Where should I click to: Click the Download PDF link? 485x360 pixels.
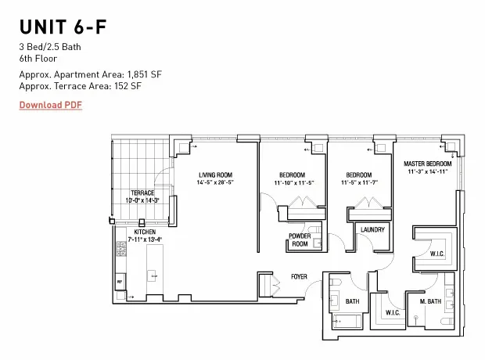tap(51, 105)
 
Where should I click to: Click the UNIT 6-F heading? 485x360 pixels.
tap(63, 28)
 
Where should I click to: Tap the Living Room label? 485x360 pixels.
tap(215, 175)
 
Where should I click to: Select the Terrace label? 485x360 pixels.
tap(142, 193)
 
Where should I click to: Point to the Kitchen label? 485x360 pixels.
tap(145, 232)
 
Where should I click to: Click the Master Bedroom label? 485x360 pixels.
tap(426, 164)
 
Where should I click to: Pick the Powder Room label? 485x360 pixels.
tap(300, 239)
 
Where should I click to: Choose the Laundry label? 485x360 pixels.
tap(372, 230)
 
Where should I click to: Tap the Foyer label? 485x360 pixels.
tap(299, 276)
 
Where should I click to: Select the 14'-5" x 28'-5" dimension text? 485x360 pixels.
tap(215, 182)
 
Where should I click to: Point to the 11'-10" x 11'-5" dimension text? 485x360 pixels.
tap(294, 182)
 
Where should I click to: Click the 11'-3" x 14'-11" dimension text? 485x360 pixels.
tap(426, 172)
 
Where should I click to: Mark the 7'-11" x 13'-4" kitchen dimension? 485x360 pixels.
tap(145, 240)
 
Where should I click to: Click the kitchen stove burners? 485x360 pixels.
tap(121, 251)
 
